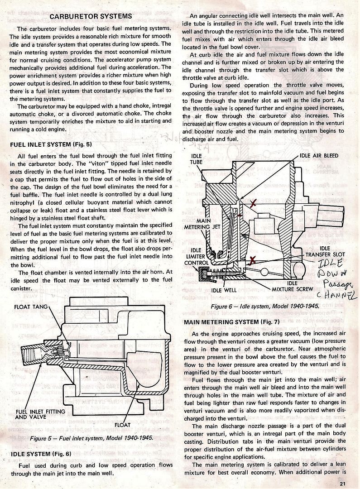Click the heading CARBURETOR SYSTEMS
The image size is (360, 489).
pyautogui.click(x=91, y=16)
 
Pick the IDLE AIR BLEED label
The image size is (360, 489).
pyautogui.click(x=319, y=155)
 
